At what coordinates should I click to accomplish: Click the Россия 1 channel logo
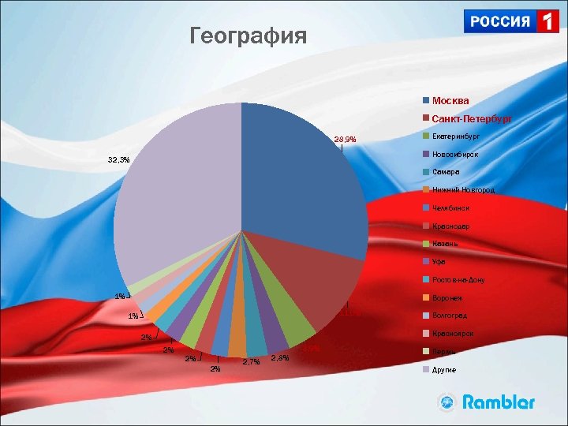pos(512,21)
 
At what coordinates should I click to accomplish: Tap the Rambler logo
pos(487,402)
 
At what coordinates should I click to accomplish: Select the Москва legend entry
pos(450,101)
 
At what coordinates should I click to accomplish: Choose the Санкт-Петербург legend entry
pos(472,119)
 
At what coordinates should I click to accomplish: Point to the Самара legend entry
pos(446,172)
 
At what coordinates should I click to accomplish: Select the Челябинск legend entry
pos(450,208)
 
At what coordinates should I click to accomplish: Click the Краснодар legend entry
pos(450,226)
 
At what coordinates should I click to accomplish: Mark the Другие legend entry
pos(443,369)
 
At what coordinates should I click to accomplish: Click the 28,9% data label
pos(345,140)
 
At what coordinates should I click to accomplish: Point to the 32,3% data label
pos(119,159)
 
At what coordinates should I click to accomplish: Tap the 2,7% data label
pos(252,362)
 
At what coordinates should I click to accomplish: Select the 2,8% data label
pos(280,358)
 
